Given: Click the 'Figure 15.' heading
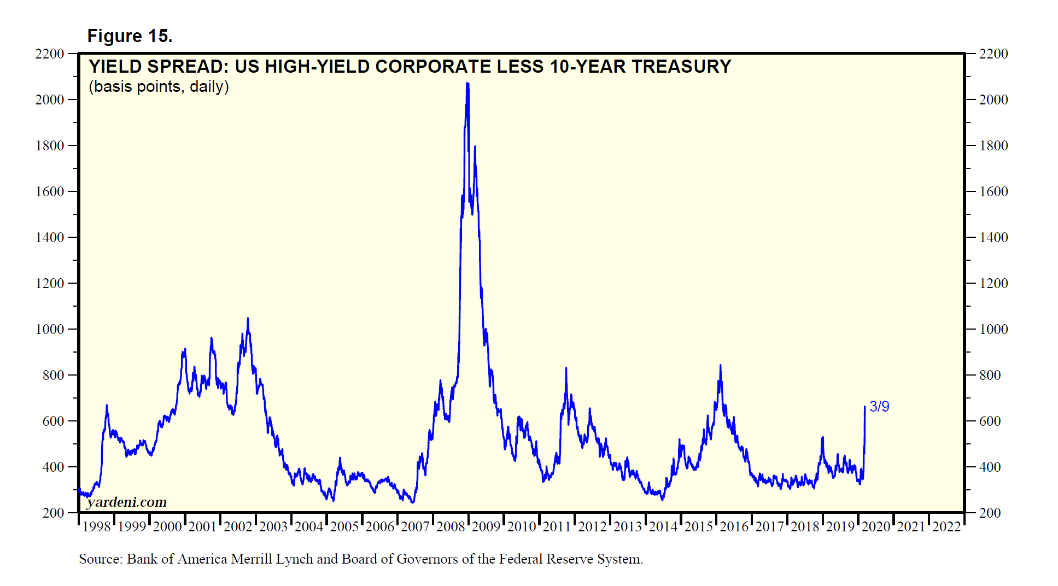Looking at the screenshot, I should point(130,36).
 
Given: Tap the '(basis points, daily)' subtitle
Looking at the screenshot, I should point(159,86).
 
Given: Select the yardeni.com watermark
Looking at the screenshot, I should point(127,502).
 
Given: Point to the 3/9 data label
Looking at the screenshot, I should point(879,406).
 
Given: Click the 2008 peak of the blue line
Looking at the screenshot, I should point(467,84).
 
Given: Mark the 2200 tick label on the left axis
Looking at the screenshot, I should point(50,54).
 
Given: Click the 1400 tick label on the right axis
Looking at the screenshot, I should point(993,237).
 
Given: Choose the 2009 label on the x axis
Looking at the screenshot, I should point(486,526).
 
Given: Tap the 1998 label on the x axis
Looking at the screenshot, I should point(96,526).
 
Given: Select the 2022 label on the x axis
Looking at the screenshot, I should point(946,526).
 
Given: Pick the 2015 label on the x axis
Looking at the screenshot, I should point(698,526).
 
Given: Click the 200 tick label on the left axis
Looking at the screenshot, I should point(54,513).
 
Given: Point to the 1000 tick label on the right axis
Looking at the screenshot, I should point(993,329).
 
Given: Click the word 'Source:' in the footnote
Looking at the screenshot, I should point(101,559).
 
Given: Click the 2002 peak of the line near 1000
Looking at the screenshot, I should point(248,319).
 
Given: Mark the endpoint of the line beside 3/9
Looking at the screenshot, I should point(864,407).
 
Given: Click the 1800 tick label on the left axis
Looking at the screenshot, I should point(50,145).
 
